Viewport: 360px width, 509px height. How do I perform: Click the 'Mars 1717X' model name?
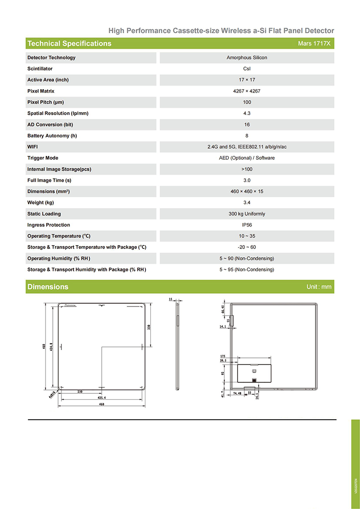point(314,44)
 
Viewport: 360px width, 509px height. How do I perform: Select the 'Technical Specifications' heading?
point(69,44)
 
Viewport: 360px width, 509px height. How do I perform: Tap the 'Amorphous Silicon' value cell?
point(247,58)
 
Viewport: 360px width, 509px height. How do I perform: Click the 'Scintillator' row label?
point(40,69)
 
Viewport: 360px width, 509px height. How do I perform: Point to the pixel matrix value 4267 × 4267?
point(247,91)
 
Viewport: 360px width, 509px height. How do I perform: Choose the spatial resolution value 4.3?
point(247,113)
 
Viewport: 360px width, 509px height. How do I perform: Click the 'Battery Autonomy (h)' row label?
point(52,136)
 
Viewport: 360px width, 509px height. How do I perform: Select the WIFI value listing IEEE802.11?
point(247,147)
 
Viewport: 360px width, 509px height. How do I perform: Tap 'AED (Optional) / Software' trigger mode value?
point(247,158)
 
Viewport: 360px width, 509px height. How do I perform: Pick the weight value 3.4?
point(247,202)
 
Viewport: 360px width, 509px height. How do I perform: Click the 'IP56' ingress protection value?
point(247,225)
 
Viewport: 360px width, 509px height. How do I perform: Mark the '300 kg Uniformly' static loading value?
point(247,214)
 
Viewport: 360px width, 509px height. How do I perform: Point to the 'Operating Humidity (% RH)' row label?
point(59,259)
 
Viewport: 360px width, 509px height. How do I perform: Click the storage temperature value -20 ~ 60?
point(247,247)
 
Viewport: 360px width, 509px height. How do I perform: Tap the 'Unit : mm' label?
point(319,287)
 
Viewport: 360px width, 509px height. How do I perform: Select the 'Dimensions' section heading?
point(48,287)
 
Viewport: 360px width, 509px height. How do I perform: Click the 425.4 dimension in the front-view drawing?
point(102,398)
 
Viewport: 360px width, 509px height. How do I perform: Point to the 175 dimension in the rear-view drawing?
point(222,356)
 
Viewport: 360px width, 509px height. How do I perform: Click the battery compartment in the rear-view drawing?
point(255,372)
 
